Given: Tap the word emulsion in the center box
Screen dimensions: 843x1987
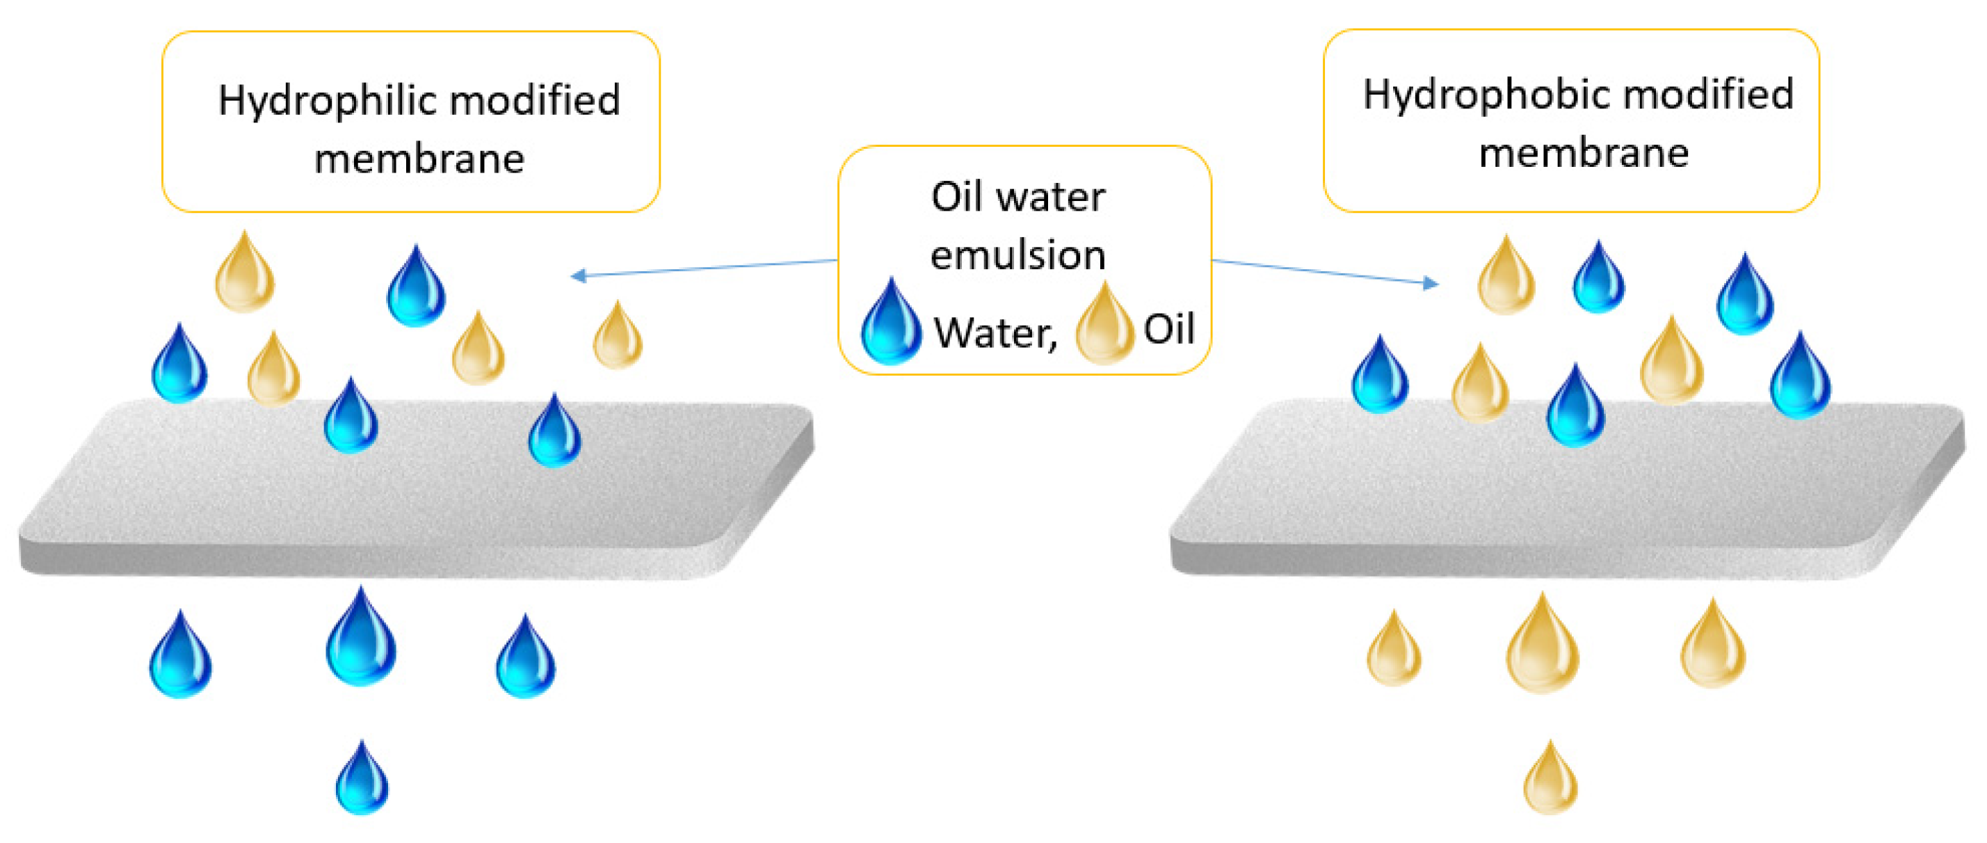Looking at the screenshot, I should click(x=1017, y=255).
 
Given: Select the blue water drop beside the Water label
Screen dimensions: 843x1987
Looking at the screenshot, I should click(x=890, y=324).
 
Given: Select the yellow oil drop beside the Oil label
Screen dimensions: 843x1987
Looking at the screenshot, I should click(x=1104, y=326).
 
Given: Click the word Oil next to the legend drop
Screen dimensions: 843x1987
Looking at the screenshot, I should click(x=1168, y=329).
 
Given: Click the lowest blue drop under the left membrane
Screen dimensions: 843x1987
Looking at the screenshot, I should click(x=362, y=780).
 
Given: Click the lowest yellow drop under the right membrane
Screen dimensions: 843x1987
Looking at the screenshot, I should click(x=1550, y=780).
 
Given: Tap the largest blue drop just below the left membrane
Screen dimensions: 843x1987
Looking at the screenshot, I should click(x=361, y=640).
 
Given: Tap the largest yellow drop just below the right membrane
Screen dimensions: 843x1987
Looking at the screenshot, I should click(x=1543, y=646).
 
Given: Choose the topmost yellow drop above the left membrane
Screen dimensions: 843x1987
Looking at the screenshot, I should click(x=245, y=275).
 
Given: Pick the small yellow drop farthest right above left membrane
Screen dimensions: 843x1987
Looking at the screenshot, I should click(x=617, y=338).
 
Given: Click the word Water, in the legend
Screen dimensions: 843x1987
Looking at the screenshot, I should click(x=995, y=334).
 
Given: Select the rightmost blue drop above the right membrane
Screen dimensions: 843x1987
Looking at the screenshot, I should click(x=1799, y=378).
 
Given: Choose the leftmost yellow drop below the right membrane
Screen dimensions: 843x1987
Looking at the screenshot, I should click(x=1394, y=652).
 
